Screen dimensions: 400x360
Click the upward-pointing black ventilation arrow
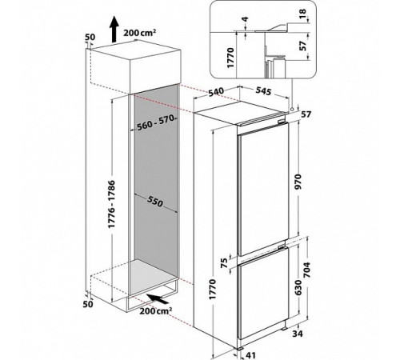point(114,30)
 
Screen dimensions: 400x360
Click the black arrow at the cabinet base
point(158,298)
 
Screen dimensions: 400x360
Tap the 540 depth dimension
point(216,93)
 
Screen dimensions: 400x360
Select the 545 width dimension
point(263,91)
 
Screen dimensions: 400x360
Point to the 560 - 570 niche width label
point(157,122)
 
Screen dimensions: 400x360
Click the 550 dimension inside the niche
point(154,202)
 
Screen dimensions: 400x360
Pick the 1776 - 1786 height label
point(111,204)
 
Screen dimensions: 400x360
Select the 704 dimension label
point(306,270)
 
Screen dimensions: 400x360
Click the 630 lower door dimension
point(298,287)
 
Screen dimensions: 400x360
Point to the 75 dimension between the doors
point(225,263)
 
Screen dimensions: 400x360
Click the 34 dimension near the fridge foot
point(298,334)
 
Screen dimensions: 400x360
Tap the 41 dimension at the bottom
point(250,355)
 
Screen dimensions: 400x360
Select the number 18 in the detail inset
point(303,14)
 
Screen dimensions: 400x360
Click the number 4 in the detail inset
point(246,19)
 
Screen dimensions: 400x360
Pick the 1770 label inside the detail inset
point(230,58)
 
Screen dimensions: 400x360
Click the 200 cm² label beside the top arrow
point(139,33)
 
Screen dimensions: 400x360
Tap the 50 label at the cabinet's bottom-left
point(88,303)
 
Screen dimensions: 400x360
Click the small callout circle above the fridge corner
point(292,109)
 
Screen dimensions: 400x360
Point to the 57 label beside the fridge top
point(306,114)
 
